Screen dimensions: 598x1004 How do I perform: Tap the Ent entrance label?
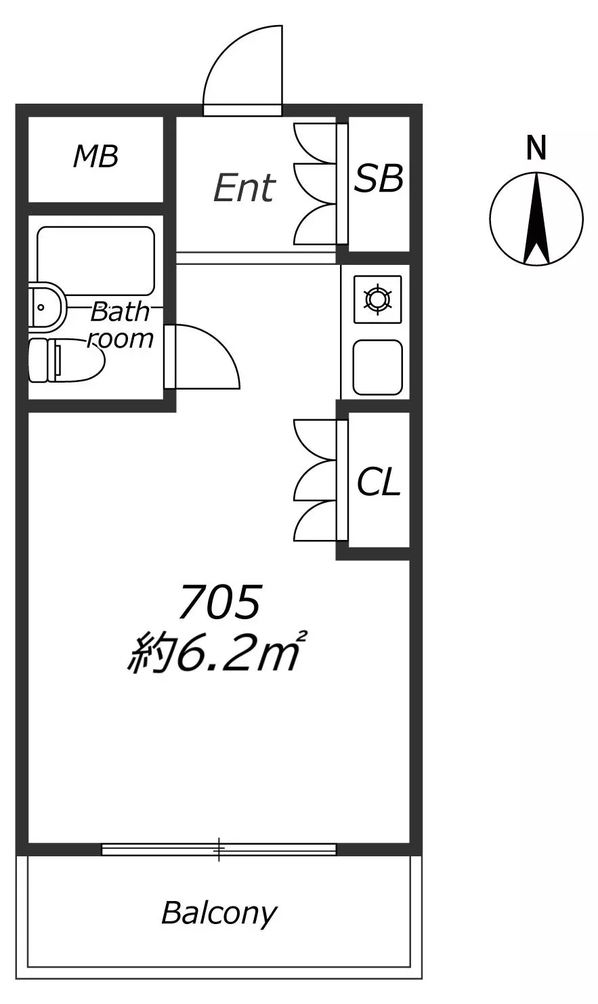pyautogui.click(x=244, y=188)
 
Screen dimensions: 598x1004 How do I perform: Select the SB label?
pyautogui.click(x=379, y=178)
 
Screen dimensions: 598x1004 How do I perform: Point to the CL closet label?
pyautogui.click(x=379, y=482)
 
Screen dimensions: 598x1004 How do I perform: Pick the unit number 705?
pyautogui.click(x=219, y=602)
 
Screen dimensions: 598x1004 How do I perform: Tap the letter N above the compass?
pyautogui.click(x=536, y=148)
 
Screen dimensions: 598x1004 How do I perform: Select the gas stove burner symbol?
pyautogui.click(x=378, y=299)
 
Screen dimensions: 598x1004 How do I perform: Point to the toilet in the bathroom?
pyautogui.click(x=66, y=361)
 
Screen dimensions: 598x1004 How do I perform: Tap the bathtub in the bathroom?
pyautogui.click(x=96, y=261)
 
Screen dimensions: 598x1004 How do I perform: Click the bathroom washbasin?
pyautogui.click(x=47, y=307)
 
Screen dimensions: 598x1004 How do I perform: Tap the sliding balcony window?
pyautogui.click(x=219, y=850)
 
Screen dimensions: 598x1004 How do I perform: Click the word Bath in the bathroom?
pyautogui.click(x=120, y=311)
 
